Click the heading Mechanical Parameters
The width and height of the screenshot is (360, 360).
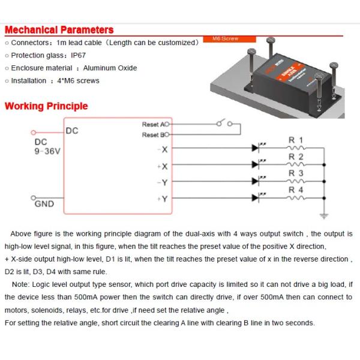[x=59, y=29]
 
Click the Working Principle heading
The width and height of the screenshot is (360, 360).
[x=46, y=106]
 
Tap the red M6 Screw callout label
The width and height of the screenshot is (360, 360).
[x=225, y=39]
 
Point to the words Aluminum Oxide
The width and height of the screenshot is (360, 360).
[x=110, y=68]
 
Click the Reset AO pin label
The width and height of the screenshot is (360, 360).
[x=152, y=125]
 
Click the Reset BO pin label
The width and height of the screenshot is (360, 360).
[x=152, y=135]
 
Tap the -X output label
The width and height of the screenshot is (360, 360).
[x=163, y=149]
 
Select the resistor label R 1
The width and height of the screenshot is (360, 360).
[x=296, y=140]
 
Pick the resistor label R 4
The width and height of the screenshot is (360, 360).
[x=296, y=190]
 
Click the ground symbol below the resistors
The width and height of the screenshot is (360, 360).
[x=325, y=214]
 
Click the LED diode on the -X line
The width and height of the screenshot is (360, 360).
[x=259, y=147]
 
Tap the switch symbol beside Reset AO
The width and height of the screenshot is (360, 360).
[x=222, y=124]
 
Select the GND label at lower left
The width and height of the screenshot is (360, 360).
[x=44, y=204]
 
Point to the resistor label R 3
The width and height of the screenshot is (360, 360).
[x=296, y=173]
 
